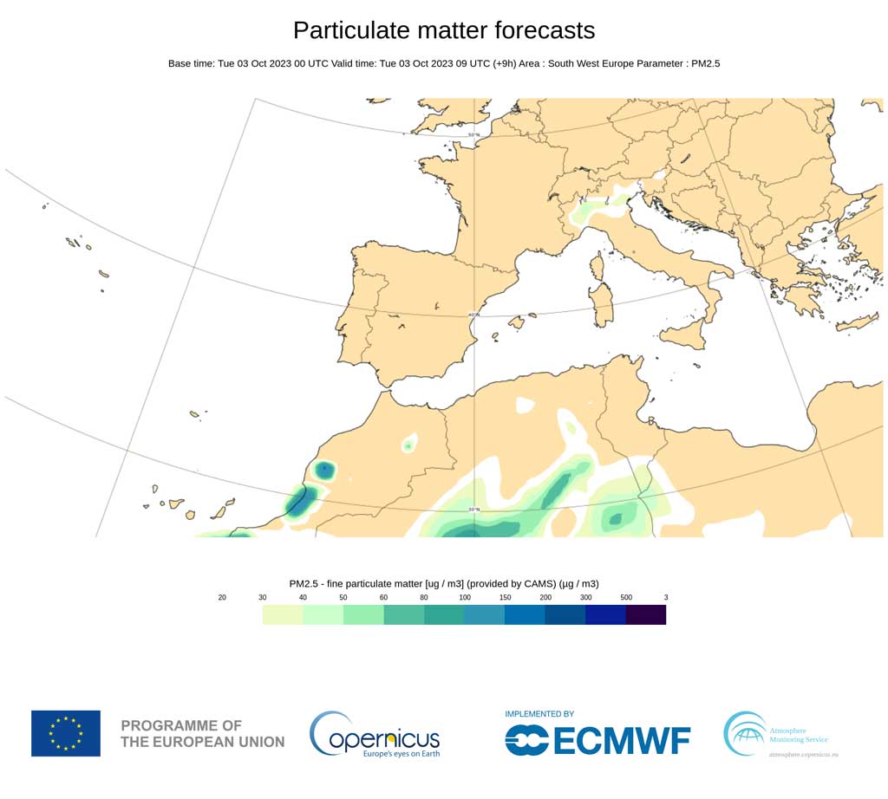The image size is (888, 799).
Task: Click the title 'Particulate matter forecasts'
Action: pyautogui.click(x=444, y=30)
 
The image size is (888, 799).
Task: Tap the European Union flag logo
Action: pyautogui.click(x=66, y=733)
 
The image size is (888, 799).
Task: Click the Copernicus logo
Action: pyautogui.click(x=375, y=734)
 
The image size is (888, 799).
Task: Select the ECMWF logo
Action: pyautogui.click(x=597, y=740)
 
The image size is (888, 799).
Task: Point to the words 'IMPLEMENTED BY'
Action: pyautogui.click(x=539, y=714)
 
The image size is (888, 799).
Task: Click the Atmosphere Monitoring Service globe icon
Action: pyautogui.click(x=745, y=733)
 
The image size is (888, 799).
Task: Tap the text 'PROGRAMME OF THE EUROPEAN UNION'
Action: pyautogui.click(x=202, y=733)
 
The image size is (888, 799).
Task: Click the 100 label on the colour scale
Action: pyautogui.click(x=465, y=598)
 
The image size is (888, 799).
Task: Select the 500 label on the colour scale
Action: pyautogui.click(x=626, y=598)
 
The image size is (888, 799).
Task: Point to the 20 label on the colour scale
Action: pyautogui.click(x=223, y=598)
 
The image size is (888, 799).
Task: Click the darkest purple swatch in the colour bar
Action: pyautogui.click(x=646, y=615)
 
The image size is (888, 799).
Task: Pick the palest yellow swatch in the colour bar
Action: pyautogui.click(x=283, y=615)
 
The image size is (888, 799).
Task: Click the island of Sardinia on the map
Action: pyautogui.click(x=600, y=300)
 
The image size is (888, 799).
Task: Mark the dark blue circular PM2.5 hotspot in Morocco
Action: pyautogui.click(x=324, y=471)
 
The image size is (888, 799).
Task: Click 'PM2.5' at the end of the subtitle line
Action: pyautogui.click(x=705, y=63)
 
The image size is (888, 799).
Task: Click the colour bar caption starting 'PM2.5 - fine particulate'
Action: pyautogui.click(x=443, y=583)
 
